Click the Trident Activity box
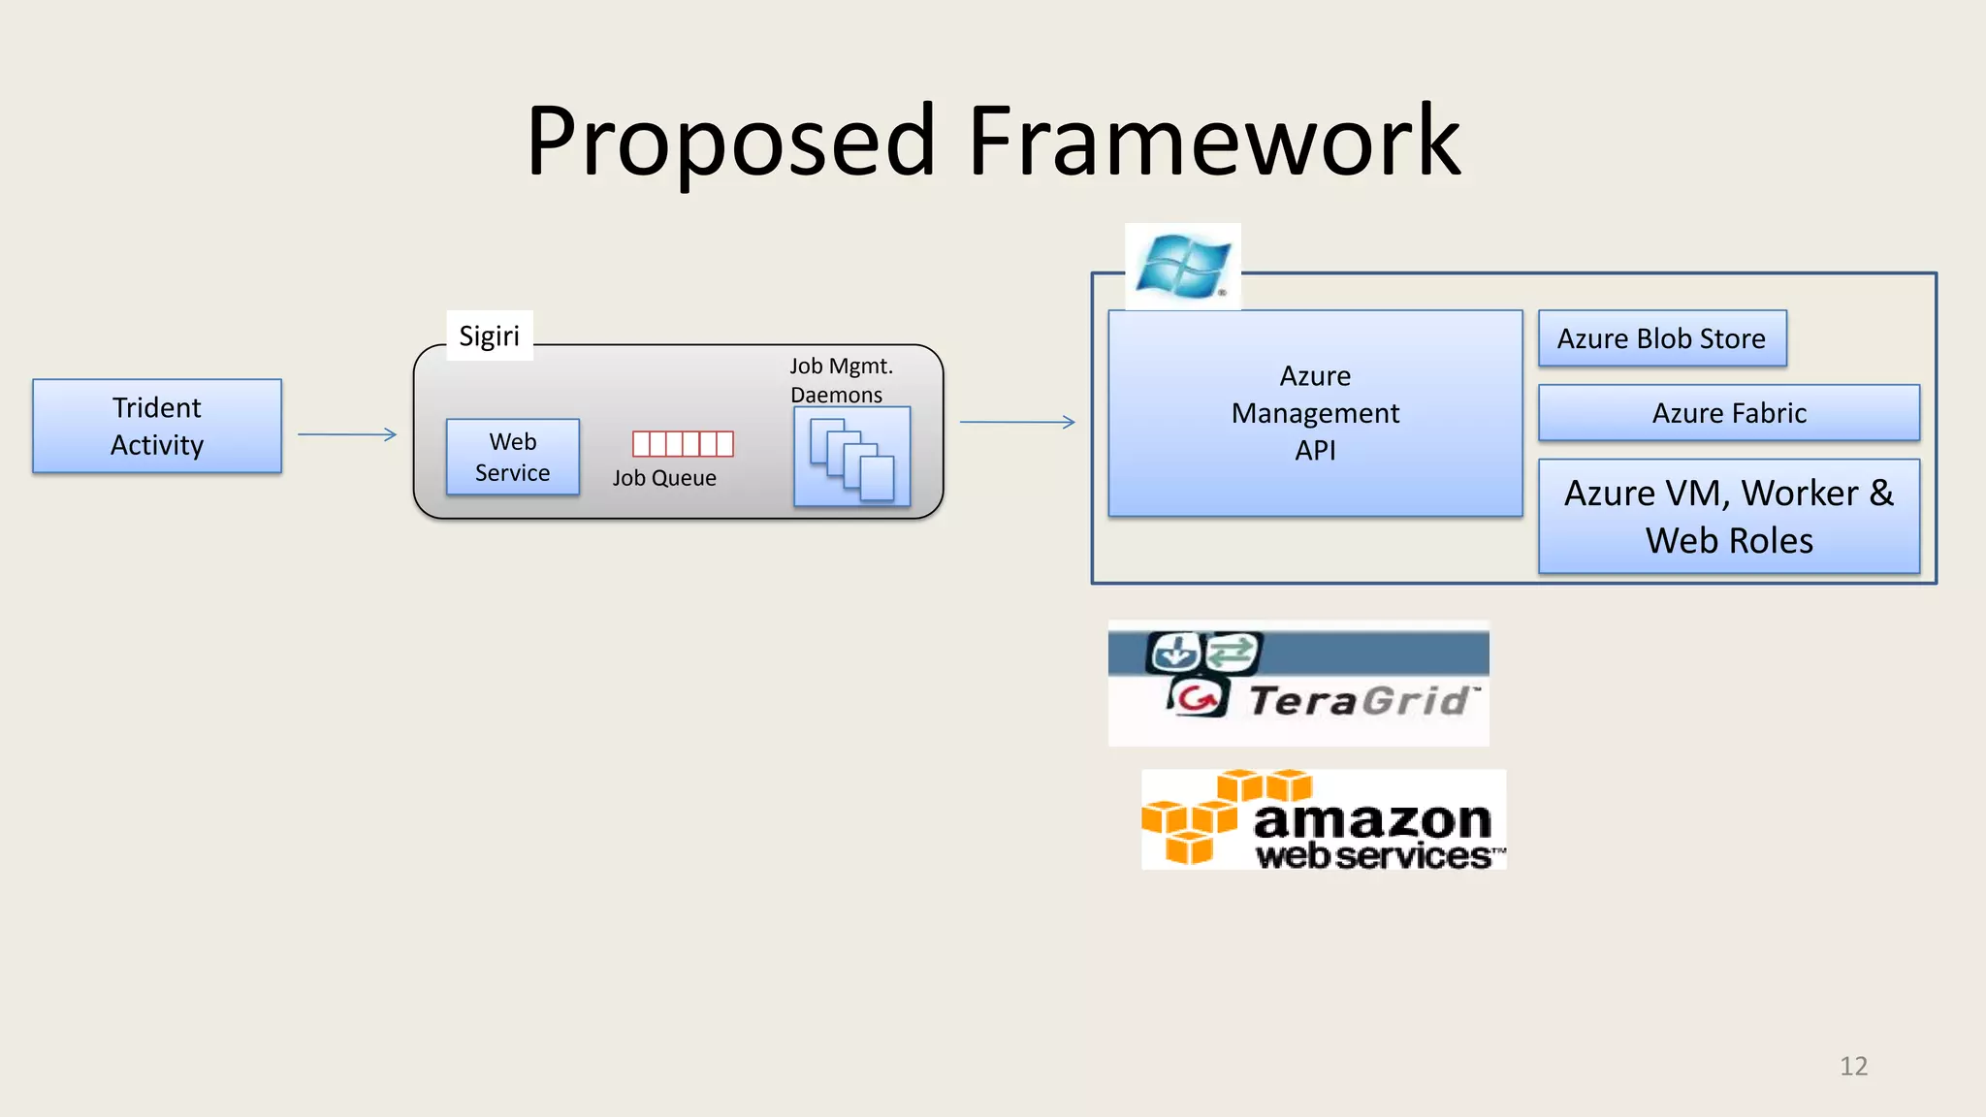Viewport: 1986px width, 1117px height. pyautogui.click(x=157, y=426)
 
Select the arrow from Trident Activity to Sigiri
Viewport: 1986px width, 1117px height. pyautogui.click(x=347, y=434)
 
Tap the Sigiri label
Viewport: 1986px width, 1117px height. pyautogui.click(x=489, y=335)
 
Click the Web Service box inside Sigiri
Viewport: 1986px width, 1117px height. pyautogui.click(x=512, y=457)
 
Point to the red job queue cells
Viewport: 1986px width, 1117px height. pyautogui.click(x=683, y=443)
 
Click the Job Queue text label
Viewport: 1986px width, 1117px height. pyautogui.click(x=664, y=478)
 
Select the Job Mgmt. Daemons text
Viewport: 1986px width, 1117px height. pyautogui.click(x=840, y=380)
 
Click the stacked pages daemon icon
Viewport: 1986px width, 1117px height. pyautogui.click(x=851, y=458)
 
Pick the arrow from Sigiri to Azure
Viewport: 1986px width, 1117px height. pyautogui.click(x=1017, y=422)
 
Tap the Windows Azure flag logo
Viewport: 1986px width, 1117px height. pyautogui.click(x=1182, y=266)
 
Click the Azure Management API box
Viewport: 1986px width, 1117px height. pyautogui.click(x=1315, y=413)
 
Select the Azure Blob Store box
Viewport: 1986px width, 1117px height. pyautogui.click(x=1661, y=338)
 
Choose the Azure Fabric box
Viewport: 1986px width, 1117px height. pyautogui.click(x=1729, y=413)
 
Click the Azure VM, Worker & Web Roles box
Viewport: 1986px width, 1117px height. pyautogui.click(x=1729, y=516)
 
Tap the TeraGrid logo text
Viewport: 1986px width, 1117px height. pyautogui.click(x=1361, y=700)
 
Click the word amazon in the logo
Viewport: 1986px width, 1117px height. pyautogui.click(x=1371, y=820)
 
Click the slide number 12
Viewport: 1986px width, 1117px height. pyautogui.click(x=1853, y=1066)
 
